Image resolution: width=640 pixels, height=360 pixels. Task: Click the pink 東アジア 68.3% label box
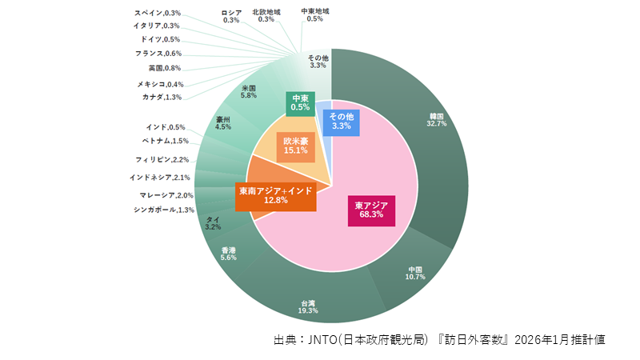(370, 210)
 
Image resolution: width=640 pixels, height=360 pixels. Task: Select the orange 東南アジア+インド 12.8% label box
(275, 195)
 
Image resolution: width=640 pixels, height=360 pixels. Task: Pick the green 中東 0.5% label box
(301, 102)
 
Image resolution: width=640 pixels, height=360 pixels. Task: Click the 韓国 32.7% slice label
(436, 120)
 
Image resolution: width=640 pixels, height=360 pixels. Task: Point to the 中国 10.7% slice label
(414, 273)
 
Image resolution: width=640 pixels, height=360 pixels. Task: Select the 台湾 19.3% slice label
(308, 306)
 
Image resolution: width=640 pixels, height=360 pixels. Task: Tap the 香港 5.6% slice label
(229, 254)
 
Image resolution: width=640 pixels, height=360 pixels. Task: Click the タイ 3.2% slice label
(213, 223)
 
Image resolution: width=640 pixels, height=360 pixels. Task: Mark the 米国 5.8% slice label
(248, 91)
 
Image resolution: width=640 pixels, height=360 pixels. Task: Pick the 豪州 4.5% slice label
(223, 122)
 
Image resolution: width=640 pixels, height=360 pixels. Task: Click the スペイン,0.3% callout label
(158, 13)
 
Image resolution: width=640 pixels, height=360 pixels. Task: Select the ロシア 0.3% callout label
(231, 16)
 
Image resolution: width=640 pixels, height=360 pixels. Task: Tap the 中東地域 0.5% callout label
(314, 15)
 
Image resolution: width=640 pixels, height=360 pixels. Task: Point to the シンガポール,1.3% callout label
(164, 210)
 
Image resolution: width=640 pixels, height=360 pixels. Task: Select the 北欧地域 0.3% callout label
(266, 15)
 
